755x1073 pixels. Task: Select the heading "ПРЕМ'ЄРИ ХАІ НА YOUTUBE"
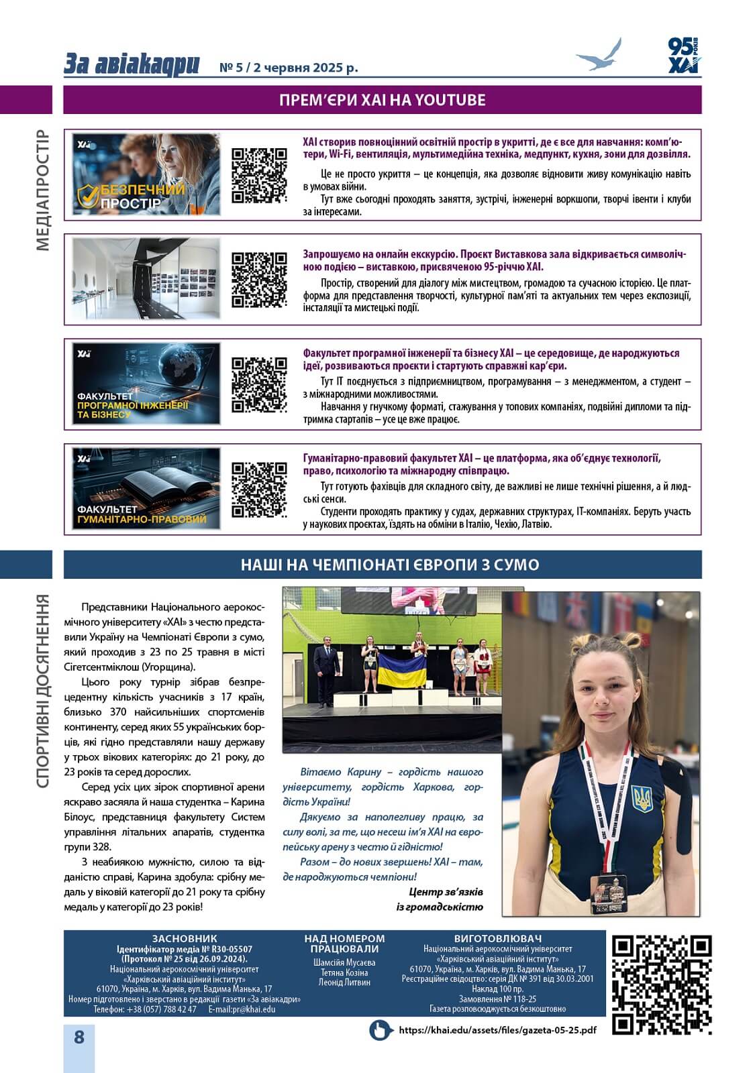click(x=382, y=101)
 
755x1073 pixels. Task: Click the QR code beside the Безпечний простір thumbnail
click(x=259, y=175)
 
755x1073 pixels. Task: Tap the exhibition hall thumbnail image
click(x=146, y=278)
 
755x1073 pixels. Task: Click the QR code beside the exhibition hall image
click(x=259, y=280)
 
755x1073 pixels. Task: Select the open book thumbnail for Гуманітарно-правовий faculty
click(x=146, y=489)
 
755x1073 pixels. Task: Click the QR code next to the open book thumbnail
click(x=259, y=490)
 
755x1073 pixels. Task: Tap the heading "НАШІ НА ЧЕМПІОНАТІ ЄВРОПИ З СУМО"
click(x=389, y=565)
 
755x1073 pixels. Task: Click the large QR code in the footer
click(x=661, y=984)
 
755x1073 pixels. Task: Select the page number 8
click(x=79, y=1037)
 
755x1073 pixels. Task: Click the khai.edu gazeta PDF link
click(x=497, y=1030)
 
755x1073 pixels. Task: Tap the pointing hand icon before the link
click(x=381, y=1030)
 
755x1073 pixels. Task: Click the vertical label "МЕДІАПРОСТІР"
click(x=42, y=190)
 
